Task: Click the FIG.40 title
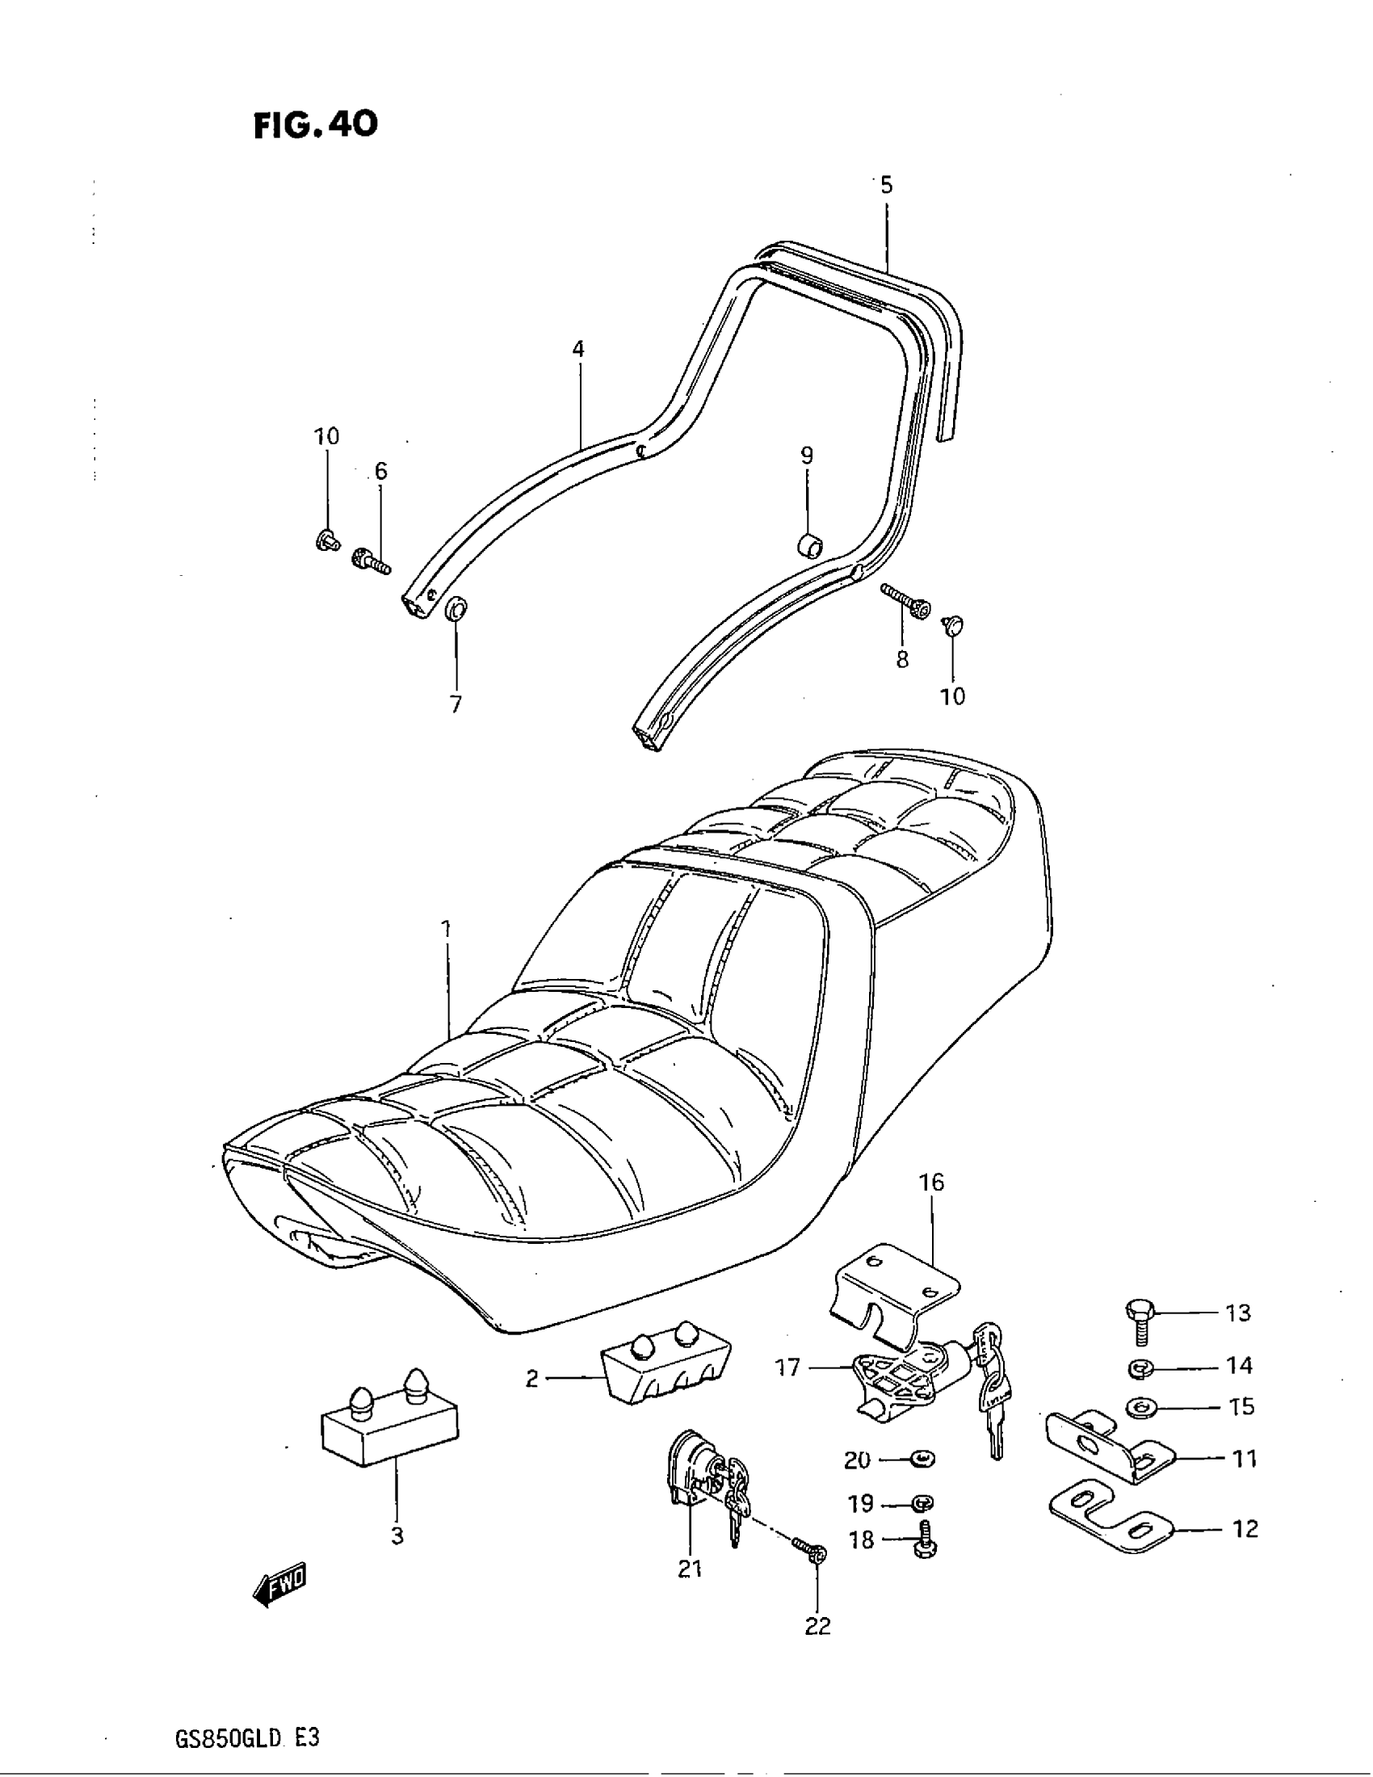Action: click(316, 124)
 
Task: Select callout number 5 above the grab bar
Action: click(886, 186)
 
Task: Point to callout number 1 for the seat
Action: click(446, 927)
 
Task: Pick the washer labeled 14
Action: click(1140, 1368)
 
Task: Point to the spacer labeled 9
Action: click(808, 543)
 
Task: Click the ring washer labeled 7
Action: click(457, 607)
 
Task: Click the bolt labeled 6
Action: click(372, 561)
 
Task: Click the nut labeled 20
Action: click(923, 1459)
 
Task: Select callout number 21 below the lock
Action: click(690, 1568)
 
